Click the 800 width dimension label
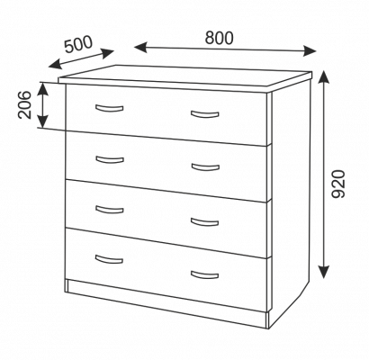click(x=219, y=38)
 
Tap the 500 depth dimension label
click(x=78, y=44)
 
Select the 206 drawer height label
click(x=25, y=104)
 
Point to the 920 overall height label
click(x=338, y=184)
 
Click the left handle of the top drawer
click(x=110, y=109)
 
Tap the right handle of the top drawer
click(x=205, y=114)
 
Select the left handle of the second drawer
click(x=110, y=160)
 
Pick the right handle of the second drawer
click(x=205, y=167)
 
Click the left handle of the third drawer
click(x=110, y=210)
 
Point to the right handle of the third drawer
click(x=205, y=222)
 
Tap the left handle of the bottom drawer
click(x=109, y=259)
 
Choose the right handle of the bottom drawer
click(x=204, y=275)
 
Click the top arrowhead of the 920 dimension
click(x=323, y=77)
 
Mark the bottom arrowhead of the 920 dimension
click(x=324, y=272)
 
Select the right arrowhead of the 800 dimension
click(x=310, y=50)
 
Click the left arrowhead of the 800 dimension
click(x=140, y=48)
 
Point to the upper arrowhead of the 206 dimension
click(x=43, y=88)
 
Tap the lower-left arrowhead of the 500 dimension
click(x=55, y=65)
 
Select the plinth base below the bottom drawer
click(x=166, y=303)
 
